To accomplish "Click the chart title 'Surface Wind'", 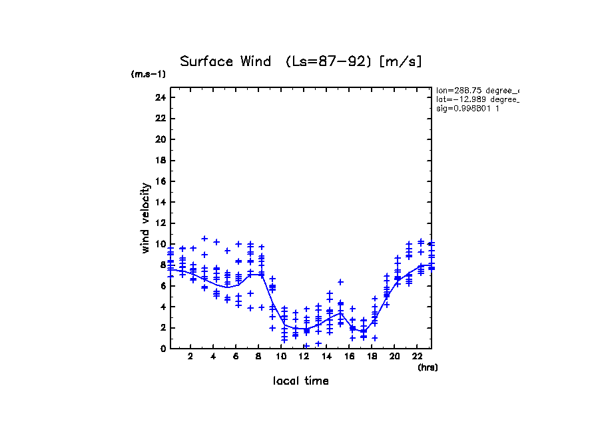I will click(216, 62).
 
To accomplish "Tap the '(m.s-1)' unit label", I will click(148, 75).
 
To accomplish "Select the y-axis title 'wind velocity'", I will click(145, 218).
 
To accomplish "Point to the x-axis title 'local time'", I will click(301, 381).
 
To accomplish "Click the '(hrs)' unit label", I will click(428, 367).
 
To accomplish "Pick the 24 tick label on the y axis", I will click(160, 97).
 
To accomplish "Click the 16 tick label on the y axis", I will click(160, 181).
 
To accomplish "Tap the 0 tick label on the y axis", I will click(162, 349).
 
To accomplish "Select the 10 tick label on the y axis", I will click(160, 244).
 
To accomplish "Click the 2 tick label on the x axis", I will click(191, 357).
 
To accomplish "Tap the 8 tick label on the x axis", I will click(259, 357).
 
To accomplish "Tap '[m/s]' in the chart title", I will click(400, 62).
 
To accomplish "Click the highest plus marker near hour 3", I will click(204, 239).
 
